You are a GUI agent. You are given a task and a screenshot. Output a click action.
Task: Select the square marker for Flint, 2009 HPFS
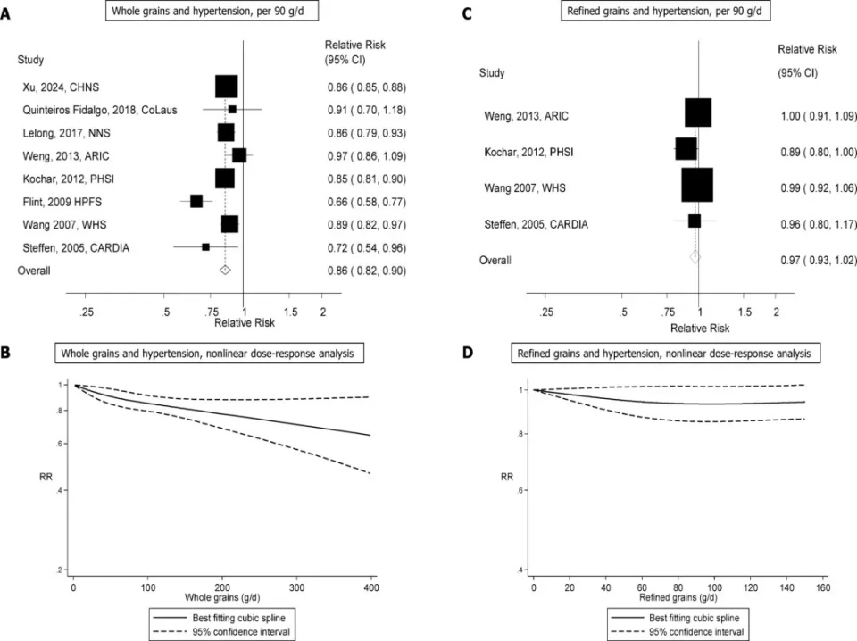click(x=196, y=200)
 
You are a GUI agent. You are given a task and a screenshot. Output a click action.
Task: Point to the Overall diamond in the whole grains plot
click(x=225, y=269)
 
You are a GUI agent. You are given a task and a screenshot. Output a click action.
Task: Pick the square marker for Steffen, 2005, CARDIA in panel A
click(x=206, y=246)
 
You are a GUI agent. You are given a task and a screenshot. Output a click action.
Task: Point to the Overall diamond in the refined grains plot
click(x=695, y=257)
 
